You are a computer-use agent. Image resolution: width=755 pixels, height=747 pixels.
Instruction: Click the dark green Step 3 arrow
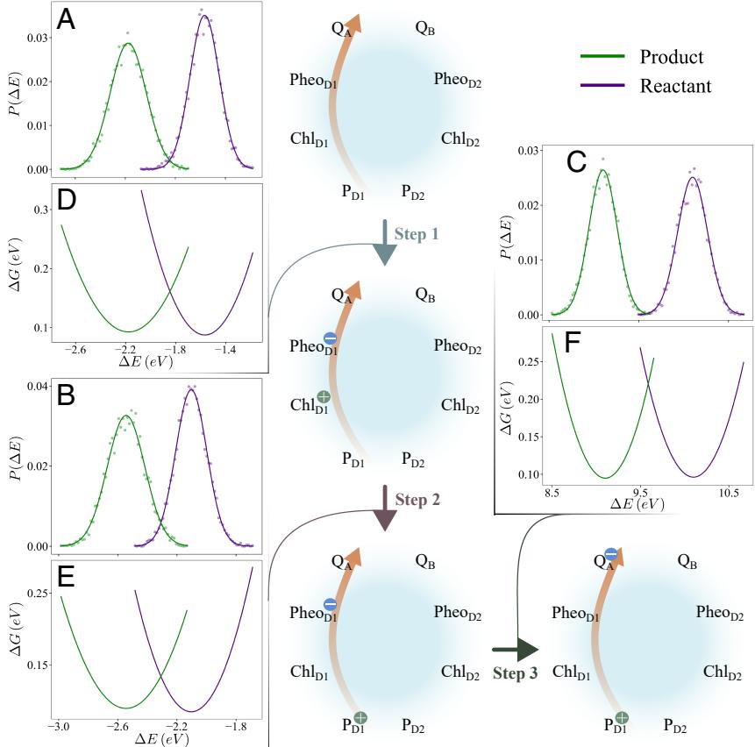pos(514,650)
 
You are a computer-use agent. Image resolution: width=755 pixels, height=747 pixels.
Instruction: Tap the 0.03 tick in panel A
pos(38,39)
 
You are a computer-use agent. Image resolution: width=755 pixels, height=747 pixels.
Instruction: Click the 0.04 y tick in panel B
pos(38,386)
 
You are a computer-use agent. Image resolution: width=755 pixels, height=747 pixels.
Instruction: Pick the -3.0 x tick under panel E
pos(60,727)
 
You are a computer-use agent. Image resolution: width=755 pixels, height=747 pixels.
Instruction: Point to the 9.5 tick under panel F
pos(639,495)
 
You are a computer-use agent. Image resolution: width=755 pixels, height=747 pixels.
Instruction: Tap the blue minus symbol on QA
pos(611,554)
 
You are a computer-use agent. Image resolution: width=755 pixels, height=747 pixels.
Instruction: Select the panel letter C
pos(575,162)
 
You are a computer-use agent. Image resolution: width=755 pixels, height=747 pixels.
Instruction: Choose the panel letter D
pos(66,201)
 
